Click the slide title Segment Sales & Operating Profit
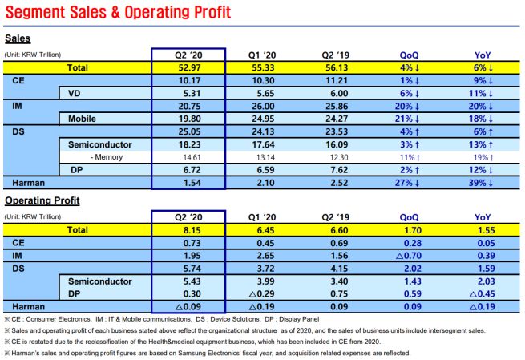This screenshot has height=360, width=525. [118, 14]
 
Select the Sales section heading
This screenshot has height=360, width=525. [18, 38]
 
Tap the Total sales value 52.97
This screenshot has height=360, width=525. [188, 69]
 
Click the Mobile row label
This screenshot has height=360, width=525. [81, 119]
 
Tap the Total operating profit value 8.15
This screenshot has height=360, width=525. [188, 229]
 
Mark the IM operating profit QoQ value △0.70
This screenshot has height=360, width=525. [410, 254]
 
